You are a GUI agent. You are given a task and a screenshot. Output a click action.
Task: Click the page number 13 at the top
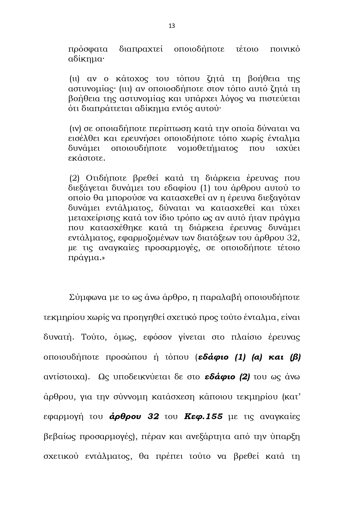pos(172,26)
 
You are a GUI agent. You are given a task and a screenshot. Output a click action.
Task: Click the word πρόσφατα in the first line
pos(88,49)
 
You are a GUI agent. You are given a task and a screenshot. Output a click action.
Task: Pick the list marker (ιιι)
pos(125,89)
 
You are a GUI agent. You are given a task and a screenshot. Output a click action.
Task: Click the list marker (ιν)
pos(75,128)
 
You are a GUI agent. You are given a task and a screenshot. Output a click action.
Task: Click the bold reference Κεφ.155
pos(203,417)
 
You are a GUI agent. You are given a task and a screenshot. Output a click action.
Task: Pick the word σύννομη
pos(130,397)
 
